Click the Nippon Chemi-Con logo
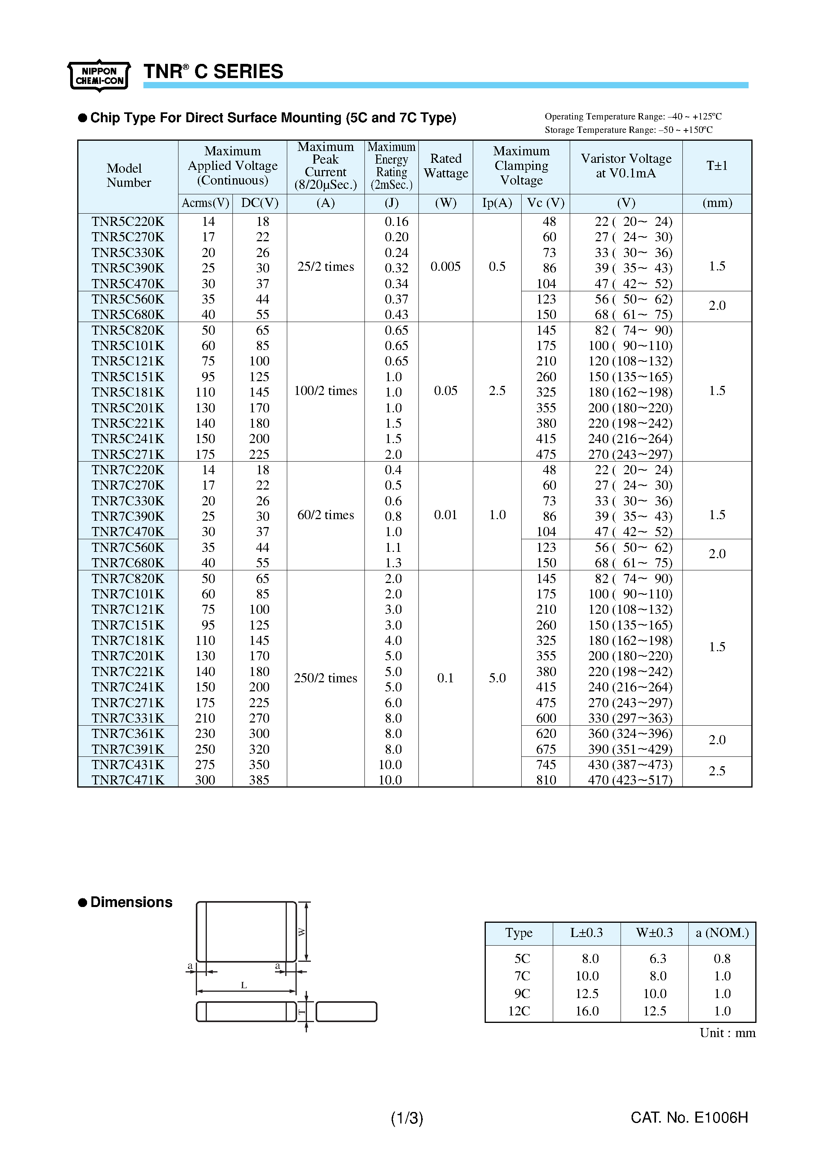(99, 76)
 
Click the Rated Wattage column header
(446, 166)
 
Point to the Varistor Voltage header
(626, 166)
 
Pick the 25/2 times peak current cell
(325, 267)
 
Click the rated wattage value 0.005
(445, 267)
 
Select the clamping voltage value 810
(546, 780)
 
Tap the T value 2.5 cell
(717, 771)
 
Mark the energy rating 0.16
(396, 222)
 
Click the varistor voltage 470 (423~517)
(630, 780)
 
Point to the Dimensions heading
(131, 902)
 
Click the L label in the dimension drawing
(244, 985)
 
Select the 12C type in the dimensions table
(519, 1011)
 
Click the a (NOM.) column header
(722, 933)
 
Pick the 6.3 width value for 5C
(658, 959)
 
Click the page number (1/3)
(407, 1118)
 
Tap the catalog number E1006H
(689, 1117)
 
